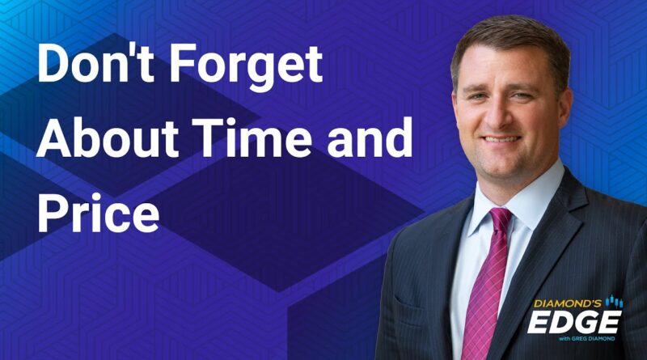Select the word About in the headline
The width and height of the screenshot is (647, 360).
pos(108,138)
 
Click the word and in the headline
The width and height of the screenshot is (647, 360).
pos(370,138)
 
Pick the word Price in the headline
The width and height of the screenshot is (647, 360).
pos(98,212)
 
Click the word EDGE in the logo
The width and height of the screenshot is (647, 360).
pos(574,322)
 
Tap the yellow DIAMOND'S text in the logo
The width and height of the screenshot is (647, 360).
pos(568,303)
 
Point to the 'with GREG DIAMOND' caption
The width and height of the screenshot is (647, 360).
pos(587,338)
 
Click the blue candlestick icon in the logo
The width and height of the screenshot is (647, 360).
pos(614,302)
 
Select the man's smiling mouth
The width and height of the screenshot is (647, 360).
pos(501,139)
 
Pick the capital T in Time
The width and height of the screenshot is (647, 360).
pos(209,138)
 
